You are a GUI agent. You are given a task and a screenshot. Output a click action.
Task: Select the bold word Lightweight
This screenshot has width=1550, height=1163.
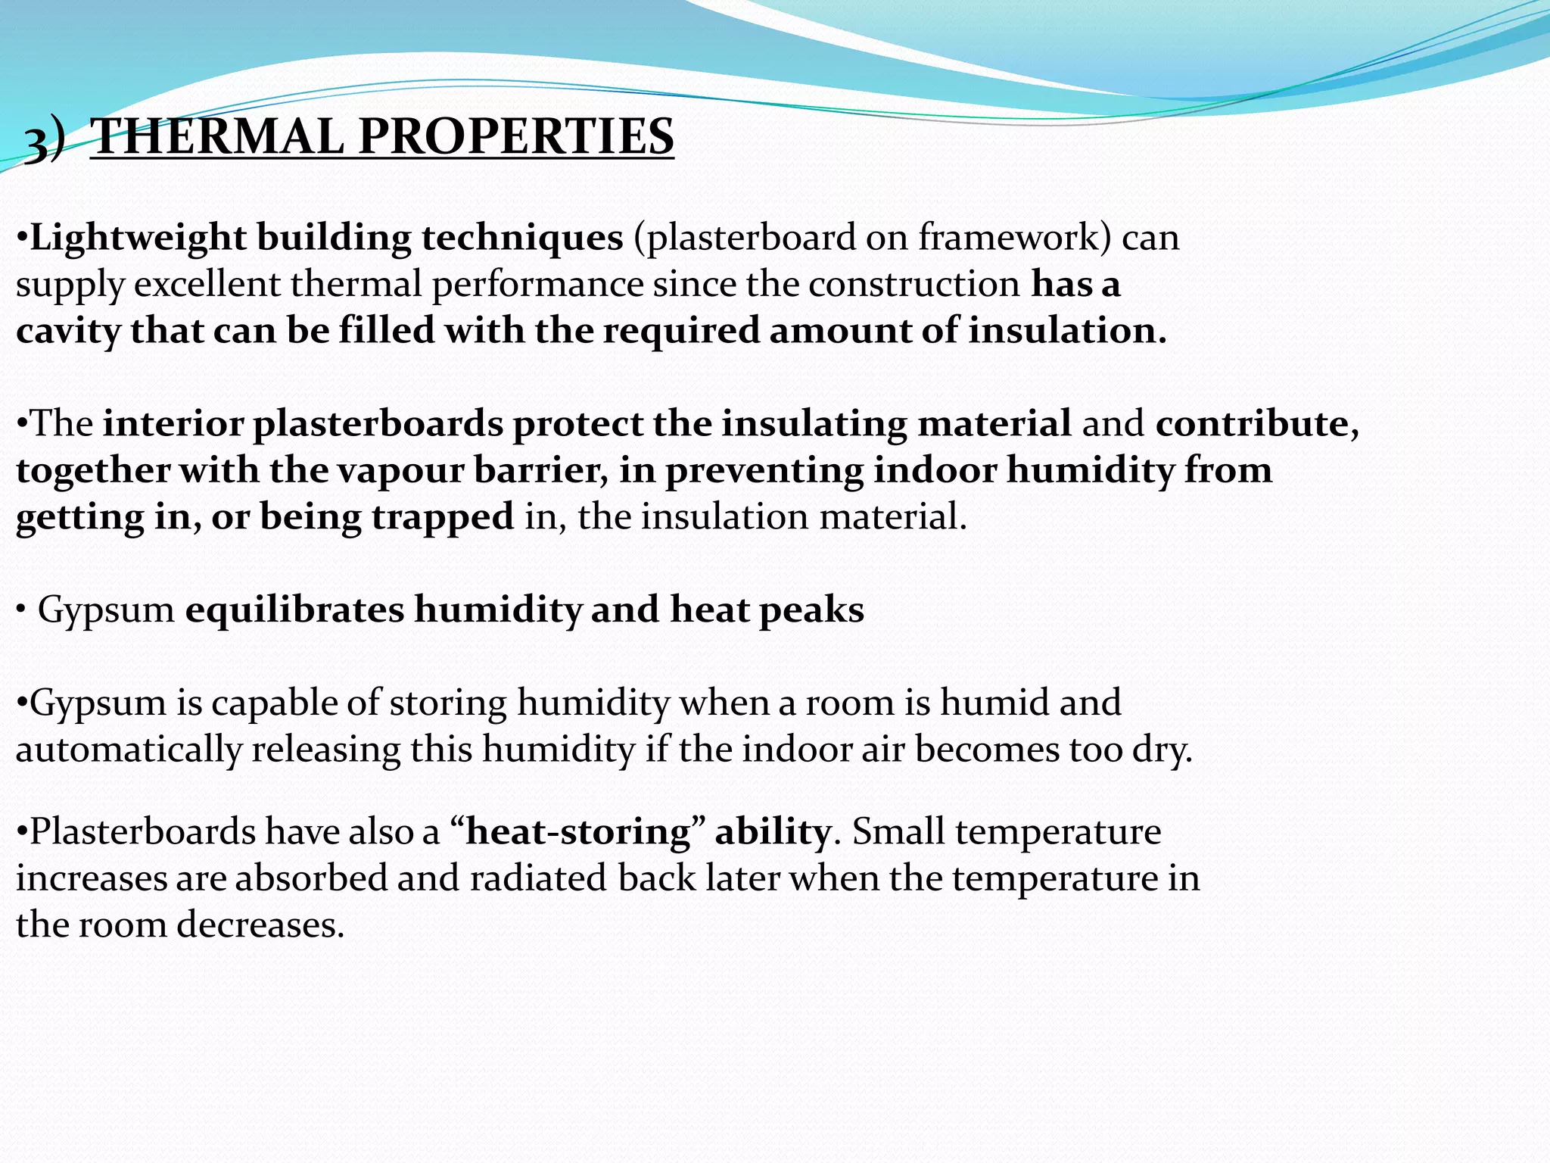[x=138, y=238]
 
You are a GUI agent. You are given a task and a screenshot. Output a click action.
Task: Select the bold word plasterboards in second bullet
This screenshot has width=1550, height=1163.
[x=378, y=424]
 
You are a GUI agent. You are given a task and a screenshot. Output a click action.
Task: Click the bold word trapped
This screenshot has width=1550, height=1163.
[x=443, y=517]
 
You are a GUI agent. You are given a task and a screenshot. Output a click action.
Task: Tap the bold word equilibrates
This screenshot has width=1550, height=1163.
[x=295, y=610]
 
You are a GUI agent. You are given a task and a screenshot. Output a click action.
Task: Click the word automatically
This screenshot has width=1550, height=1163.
[x=129, y=750]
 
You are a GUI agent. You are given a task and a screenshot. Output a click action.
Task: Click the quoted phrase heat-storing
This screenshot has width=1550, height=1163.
[x=578, y=832]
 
